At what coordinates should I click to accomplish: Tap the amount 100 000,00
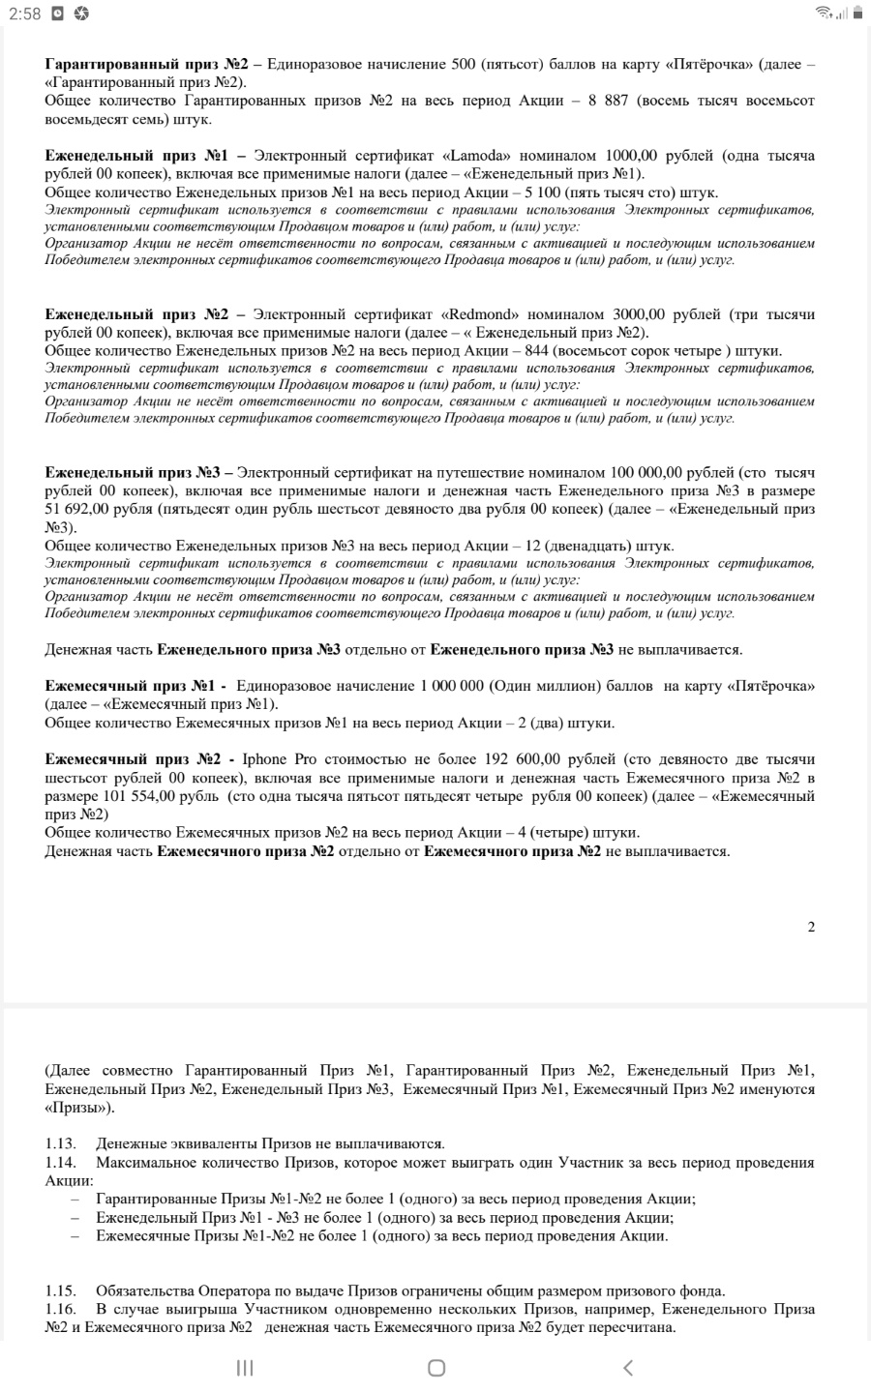pyautogui.click(x=647, y=473)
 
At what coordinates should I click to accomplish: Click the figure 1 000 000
pyautogui.click(x=453, y=686)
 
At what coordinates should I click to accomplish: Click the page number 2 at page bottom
pyautogui.click(x=811, y=927)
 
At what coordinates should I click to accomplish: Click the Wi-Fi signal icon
pyautogui.click(x=824, y=13)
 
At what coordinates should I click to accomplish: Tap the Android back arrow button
pyautogui.click(x=628, y=1367)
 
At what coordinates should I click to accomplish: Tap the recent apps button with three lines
pyautogui.click(x=245, y=1367)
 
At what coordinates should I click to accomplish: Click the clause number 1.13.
pyautogui.click(x=60, y=1144)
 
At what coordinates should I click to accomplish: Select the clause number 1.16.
pyautogui.click(x=60, y=1309)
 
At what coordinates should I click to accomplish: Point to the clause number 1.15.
pyautogui.click(x=60, y=1290)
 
